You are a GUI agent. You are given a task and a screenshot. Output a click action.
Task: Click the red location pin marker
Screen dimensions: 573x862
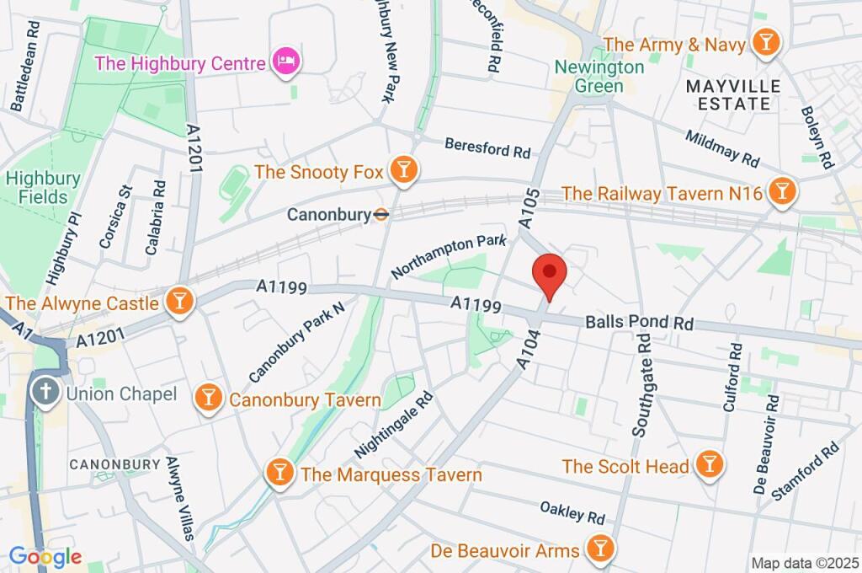point(550,273)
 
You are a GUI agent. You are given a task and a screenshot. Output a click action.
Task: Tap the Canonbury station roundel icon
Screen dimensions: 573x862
point(381,215)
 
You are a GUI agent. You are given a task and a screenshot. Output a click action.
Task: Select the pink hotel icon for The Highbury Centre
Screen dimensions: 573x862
point(286,62)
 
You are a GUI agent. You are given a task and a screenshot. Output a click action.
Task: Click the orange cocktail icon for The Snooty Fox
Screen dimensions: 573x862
point(404,172)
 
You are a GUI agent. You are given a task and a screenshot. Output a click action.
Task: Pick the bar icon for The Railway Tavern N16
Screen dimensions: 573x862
point(783,191)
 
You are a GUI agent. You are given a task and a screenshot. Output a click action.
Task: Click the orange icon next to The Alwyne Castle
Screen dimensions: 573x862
point(179,301)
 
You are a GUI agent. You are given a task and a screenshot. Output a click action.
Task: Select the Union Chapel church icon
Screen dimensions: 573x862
point(43,392)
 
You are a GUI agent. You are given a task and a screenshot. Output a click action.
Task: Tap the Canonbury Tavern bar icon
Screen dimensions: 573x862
point(207,398)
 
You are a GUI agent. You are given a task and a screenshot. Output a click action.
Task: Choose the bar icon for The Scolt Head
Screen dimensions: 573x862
point(710,463)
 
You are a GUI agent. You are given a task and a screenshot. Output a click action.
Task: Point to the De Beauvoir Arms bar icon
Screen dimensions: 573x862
point(599,549)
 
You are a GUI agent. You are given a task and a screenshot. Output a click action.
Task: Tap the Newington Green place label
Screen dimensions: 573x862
point(599,76)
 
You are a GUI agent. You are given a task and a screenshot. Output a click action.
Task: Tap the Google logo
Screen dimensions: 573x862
point(45,556)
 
